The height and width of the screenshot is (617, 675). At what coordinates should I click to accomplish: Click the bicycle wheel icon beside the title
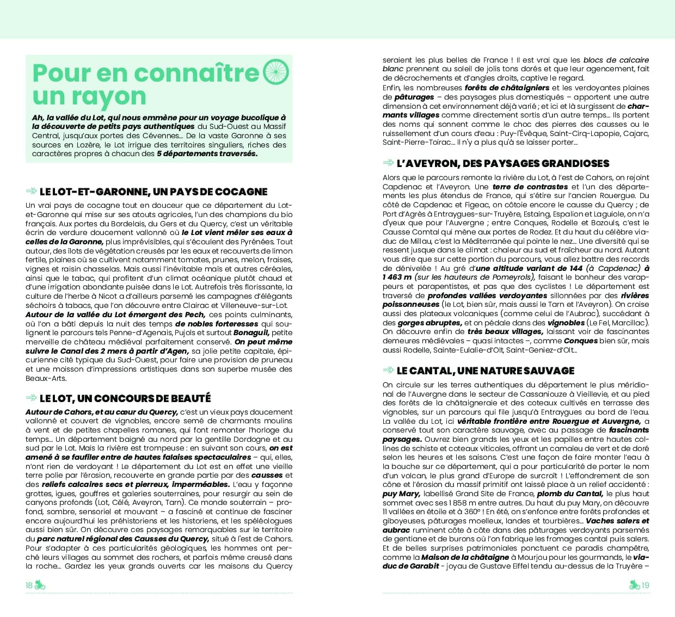click(x=277, y=72)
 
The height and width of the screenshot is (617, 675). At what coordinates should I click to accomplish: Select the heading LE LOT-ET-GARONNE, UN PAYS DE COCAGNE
click(x=154, y=192)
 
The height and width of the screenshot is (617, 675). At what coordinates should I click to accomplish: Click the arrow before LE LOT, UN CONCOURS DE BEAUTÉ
click(x=32, y=398)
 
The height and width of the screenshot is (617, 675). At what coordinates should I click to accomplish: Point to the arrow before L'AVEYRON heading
click(x=388, y=163)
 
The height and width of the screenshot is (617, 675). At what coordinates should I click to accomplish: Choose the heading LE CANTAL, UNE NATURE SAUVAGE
click(x=486, y=371)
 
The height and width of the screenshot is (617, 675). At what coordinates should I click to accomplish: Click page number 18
click(x=29, y=585)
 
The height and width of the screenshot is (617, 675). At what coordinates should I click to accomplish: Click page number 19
click(x=645, y=585)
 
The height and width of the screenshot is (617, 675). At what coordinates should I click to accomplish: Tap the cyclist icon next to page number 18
click(x=40, y=585)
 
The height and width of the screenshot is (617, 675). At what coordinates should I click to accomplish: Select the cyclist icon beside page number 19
click(x=634, y=585)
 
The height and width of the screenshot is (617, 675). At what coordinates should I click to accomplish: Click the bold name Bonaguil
click(x=251, y=332)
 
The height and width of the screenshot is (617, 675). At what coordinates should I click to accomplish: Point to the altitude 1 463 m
click(x=397, y=277)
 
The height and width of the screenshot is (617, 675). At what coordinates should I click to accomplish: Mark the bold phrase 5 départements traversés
click(x=207, y=153)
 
